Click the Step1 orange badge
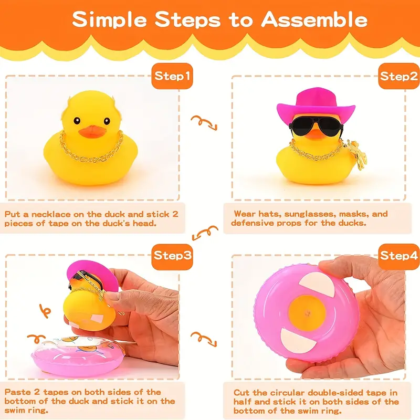[172, 76]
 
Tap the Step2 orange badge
[399, 76]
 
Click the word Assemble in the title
[314, 20]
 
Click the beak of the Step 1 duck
[92, 132]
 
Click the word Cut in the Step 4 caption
[241, 393]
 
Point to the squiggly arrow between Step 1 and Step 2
[204, 123]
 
